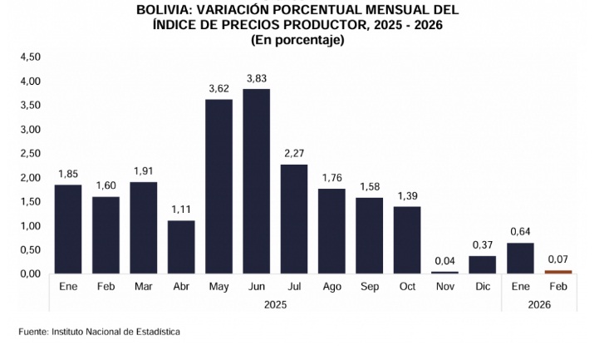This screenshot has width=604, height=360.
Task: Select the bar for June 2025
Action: coord(257,181)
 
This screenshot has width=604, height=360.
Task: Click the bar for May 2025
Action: coord(219,186)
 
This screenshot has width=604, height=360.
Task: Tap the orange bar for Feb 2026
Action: coord(558,271)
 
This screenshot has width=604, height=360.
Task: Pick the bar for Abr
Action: coord(181,247)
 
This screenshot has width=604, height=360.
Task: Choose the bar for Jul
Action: coord(294,219)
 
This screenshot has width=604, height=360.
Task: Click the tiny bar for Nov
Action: coord(444,272)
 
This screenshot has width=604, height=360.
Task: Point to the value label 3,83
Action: coord(257,78)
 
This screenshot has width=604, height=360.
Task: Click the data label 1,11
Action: coord(181,210)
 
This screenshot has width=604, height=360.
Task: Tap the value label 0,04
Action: coord(444,261)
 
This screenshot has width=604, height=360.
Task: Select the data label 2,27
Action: coord(294,154)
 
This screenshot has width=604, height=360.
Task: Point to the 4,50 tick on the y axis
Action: coord(30,57)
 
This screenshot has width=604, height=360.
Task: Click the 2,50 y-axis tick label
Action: coord(30,154)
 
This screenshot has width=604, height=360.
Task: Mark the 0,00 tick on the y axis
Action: coord(30,274)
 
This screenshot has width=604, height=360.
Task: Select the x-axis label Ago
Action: coord(331,286)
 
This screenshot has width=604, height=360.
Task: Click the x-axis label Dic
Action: coord(482,286)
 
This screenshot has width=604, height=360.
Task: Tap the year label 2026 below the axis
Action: coord(539,305)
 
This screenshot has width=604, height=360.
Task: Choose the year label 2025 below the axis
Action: coord(275,305)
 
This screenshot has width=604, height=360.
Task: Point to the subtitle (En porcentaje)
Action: coord(297,40)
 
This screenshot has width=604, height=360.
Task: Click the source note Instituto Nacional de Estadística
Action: coord(115,332)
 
